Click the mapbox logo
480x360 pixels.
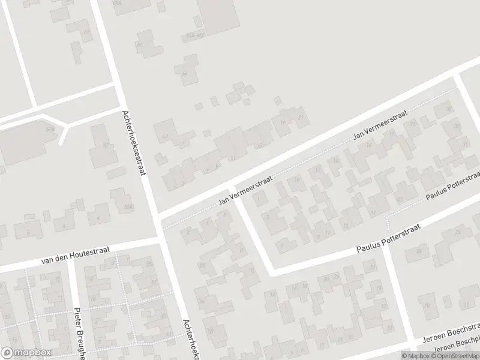(26, 352)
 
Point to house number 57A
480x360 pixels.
(50, 129)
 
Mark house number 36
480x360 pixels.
(448, 109)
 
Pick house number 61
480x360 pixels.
(88, 32)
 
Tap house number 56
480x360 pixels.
(149, 265)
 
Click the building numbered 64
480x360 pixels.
(184, 73)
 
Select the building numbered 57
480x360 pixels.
(106, 145)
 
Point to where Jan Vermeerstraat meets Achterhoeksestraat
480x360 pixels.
(155, 215)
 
